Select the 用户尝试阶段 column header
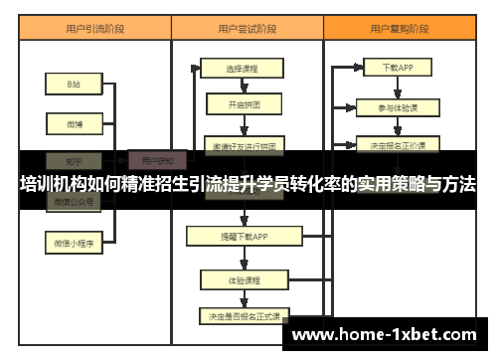click(x=245, y=30)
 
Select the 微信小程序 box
click(x=74, y=241)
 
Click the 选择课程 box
click(x=242, y=70)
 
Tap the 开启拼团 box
click(x=244, y=104)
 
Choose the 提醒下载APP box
click(x=242, y=236)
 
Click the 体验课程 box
click(x=243, y=279)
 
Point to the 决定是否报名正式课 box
click(x=243, y=315)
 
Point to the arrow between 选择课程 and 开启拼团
click(x=243, y=87)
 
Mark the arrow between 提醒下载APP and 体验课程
click(x=243, y=258)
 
